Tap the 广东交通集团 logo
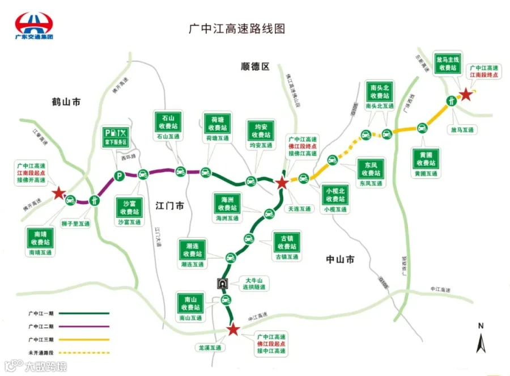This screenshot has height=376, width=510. click(34, 24)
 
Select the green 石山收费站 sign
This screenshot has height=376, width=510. click(168, 121)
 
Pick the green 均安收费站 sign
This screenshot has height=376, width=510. click(261, 130)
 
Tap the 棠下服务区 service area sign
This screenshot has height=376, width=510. click(115, 136)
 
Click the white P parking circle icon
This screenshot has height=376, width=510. click(118, 176)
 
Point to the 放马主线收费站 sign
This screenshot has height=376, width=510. click(448, 64)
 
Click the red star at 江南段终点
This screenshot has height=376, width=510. click(465, 95)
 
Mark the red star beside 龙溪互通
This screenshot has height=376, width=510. click(232, 329)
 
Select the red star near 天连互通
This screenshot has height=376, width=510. click(281, 183)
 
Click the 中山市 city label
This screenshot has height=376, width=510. click(340, 259)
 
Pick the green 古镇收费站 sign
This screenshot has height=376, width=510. click(287, 242)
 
